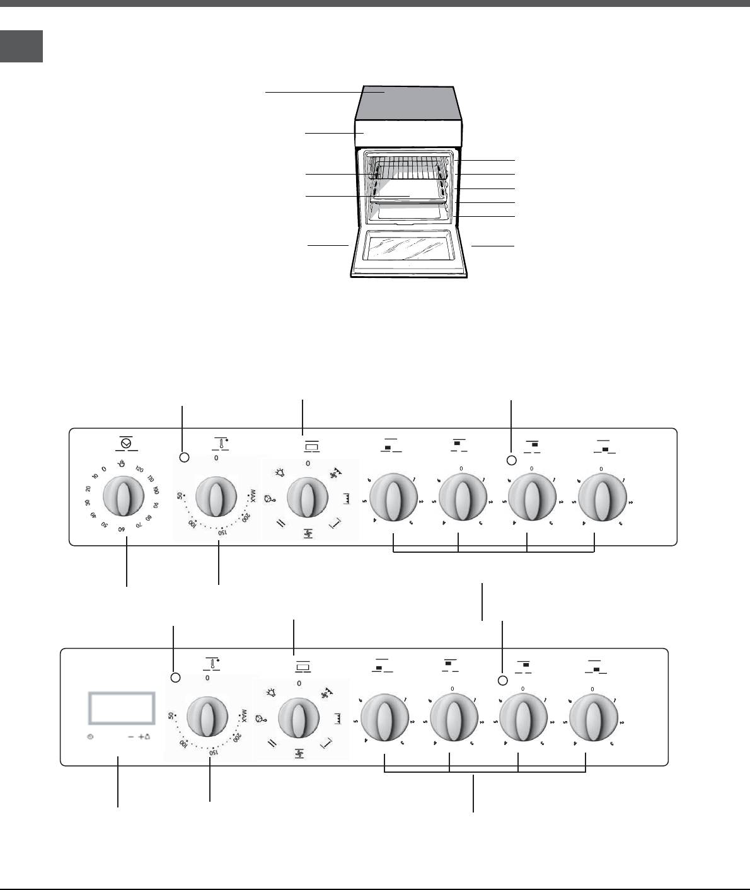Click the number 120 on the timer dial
[140, 469]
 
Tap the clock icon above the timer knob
[126, 444]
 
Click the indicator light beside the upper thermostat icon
[184, 458]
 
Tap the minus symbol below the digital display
[130, 736]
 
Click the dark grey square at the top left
[21, 46]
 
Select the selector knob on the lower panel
[298, 717]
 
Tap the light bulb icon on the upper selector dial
[277, 471]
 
